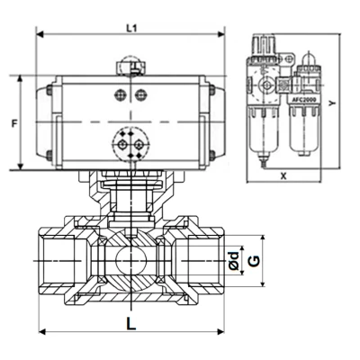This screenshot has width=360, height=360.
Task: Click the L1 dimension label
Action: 130,29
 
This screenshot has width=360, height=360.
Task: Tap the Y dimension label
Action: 332,106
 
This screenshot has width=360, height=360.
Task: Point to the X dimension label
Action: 283,176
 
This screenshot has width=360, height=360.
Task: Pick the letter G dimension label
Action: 254,260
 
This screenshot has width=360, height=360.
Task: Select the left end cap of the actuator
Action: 46,122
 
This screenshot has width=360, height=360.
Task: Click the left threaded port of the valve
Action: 58,260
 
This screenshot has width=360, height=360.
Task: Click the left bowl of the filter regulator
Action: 266,130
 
